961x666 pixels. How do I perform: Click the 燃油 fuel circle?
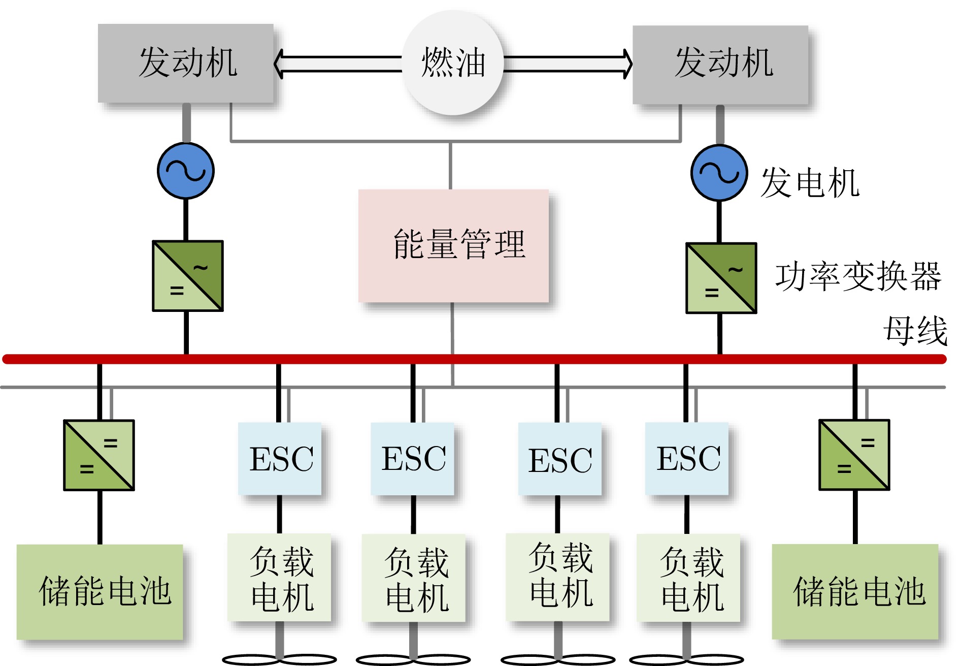[x=453, y=62]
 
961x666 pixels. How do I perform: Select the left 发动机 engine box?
[x=186, y=63]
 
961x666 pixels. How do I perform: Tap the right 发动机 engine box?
[x=720, y=65]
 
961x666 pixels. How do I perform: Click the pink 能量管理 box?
[x=453, y=246]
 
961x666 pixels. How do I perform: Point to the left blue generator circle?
[x=186, y=171]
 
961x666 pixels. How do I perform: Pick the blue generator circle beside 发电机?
[x=719, y=173]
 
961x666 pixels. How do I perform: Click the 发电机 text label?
[x=810, y=183]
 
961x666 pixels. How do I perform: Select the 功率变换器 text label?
[x=858, y=277]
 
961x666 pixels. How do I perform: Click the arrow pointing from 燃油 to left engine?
[x=338, y=64]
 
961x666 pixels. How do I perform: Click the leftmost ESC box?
[x=280, y=459]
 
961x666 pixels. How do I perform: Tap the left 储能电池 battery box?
[x=100, y=592]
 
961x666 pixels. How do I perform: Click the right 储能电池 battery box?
[x=855, y=592]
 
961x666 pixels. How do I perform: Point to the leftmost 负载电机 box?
[x=279, y=578]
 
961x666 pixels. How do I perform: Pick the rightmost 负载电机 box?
[x=688, y=578]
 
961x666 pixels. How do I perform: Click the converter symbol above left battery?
[x=99, y=455]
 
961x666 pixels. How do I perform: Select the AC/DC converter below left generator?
[x=188, y=276]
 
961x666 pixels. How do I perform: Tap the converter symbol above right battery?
[x=854, y=455]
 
